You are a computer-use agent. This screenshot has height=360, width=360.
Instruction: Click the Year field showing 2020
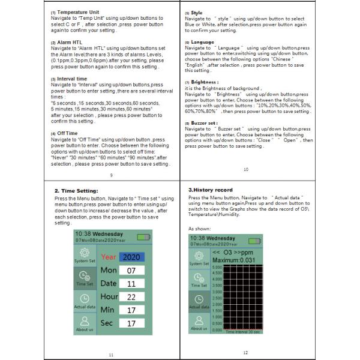[131, 257]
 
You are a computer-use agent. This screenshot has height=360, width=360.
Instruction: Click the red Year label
[108, 257]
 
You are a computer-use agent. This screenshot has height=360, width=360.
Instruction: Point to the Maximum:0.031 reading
[230, 260]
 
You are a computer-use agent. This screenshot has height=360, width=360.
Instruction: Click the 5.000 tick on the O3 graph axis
[217, 270]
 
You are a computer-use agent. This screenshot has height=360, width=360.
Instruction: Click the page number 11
[111, 354]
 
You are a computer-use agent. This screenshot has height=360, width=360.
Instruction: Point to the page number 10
[245, 170]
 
